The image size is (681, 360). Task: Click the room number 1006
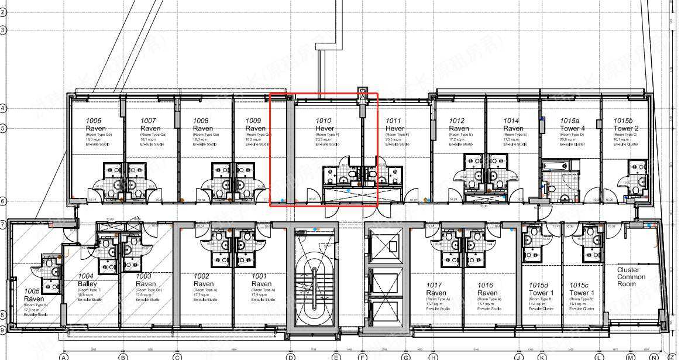tap(94, 121)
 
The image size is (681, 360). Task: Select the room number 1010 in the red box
tap(324, 121)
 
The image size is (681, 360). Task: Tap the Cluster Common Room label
tap(631, 277)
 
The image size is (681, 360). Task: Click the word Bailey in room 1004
tap(87, 284)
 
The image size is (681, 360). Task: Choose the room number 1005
tap(32, 291)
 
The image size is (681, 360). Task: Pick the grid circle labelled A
tap(64, 356)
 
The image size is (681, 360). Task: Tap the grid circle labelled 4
tap(3, 108)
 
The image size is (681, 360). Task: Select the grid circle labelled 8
tap(3, 315)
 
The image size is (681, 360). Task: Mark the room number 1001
tap(260, 276)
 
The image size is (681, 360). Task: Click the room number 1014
tap(511, 121)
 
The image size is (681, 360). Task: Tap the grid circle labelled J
tap(518, 356)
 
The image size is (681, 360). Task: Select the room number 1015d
tap(540, 285)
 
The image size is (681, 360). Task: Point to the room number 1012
tap(457, 121)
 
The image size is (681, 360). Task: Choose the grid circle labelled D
tap(290, 356)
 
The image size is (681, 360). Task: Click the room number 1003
tap(144, 276)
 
